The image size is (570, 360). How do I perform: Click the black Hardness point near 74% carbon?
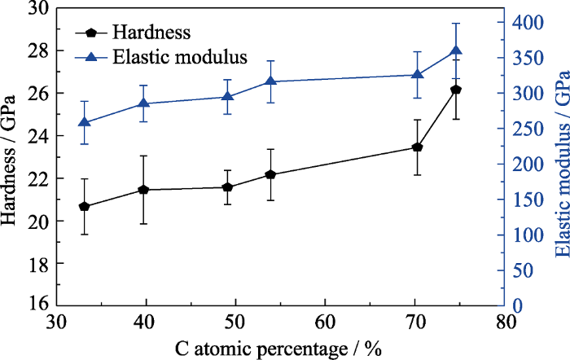(456, 90)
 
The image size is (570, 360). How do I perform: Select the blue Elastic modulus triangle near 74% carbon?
(456, 50)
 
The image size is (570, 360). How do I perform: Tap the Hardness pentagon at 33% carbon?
(84, 206)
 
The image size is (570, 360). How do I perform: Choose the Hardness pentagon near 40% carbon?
(143, 190)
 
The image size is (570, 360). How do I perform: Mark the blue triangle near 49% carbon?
(227, 96)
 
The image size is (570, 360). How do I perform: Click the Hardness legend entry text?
(151, 33)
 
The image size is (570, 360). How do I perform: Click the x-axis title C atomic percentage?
(278, 348)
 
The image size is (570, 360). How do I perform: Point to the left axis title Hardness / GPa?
(11, 157)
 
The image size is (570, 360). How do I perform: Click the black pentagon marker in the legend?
(91, 33)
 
